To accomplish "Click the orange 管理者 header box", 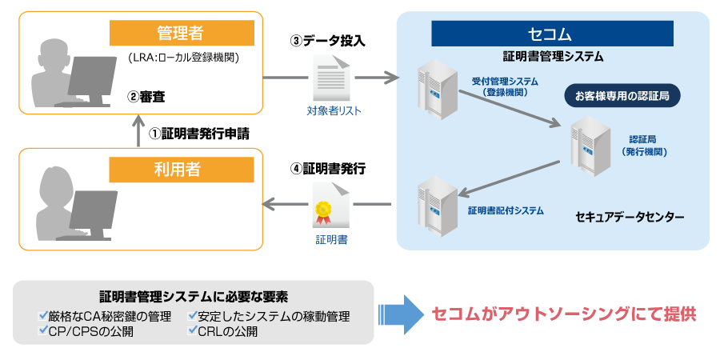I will coord(181,33).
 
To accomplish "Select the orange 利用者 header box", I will coord(181,170).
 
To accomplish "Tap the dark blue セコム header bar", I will coord(552,34).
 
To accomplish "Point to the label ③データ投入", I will coord(328,40).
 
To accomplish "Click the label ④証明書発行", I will coord(328,169).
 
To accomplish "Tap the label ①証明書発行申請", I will coord(199,133).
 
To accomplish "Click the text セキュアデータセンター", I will coord(630,217).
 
